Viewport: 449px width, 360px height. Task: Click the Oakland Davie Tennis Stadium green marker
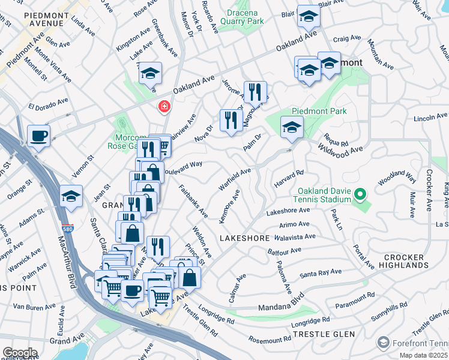[x=360, y=194]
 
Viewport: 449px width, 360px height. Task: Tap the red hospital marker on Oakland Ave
[x=163, y=107]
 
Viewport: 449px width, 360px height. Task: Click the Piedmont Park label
[x=319, y=111]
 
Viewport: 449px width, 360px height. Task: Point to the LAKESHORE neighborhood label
[x=244, y=238]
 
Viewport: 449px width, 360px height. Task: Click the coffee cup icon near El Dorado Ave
[x=38, y=136]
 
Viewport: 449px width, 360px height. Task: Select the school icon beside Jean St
[x=71, y=196]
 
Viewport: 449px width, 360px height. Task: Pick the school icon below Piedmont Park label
[x=292, y=127]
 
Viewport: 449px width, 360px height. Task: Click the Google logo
[x=20, y=352]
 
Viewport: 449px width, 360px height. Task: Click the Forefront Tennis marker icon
[x=384, y=343]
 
